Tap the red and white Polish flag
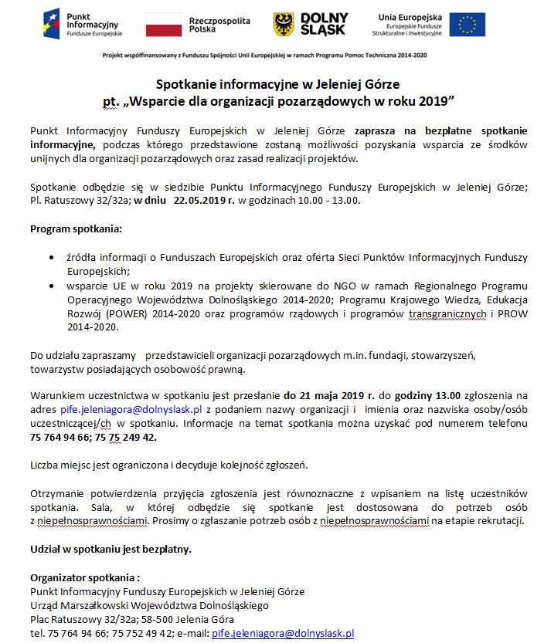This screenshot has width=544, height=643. point(163,24)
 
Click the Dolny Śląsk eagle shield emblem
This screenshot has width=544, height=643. point(284,24)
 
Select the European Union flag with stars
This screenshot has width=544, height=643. point(467,24)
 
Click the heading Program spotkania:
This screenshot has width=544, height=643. point(76,229)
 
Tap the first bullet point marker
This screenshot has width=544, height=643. point(51,257)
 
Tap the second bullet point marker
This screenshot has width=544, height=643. point(51,286)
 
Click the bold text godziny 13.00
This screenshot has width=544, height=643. point(429,396)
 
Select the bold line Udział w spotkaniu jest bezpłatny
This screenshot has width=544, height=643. point(110,550)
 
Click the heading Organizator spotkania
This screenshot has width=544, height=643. point(85,577)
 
